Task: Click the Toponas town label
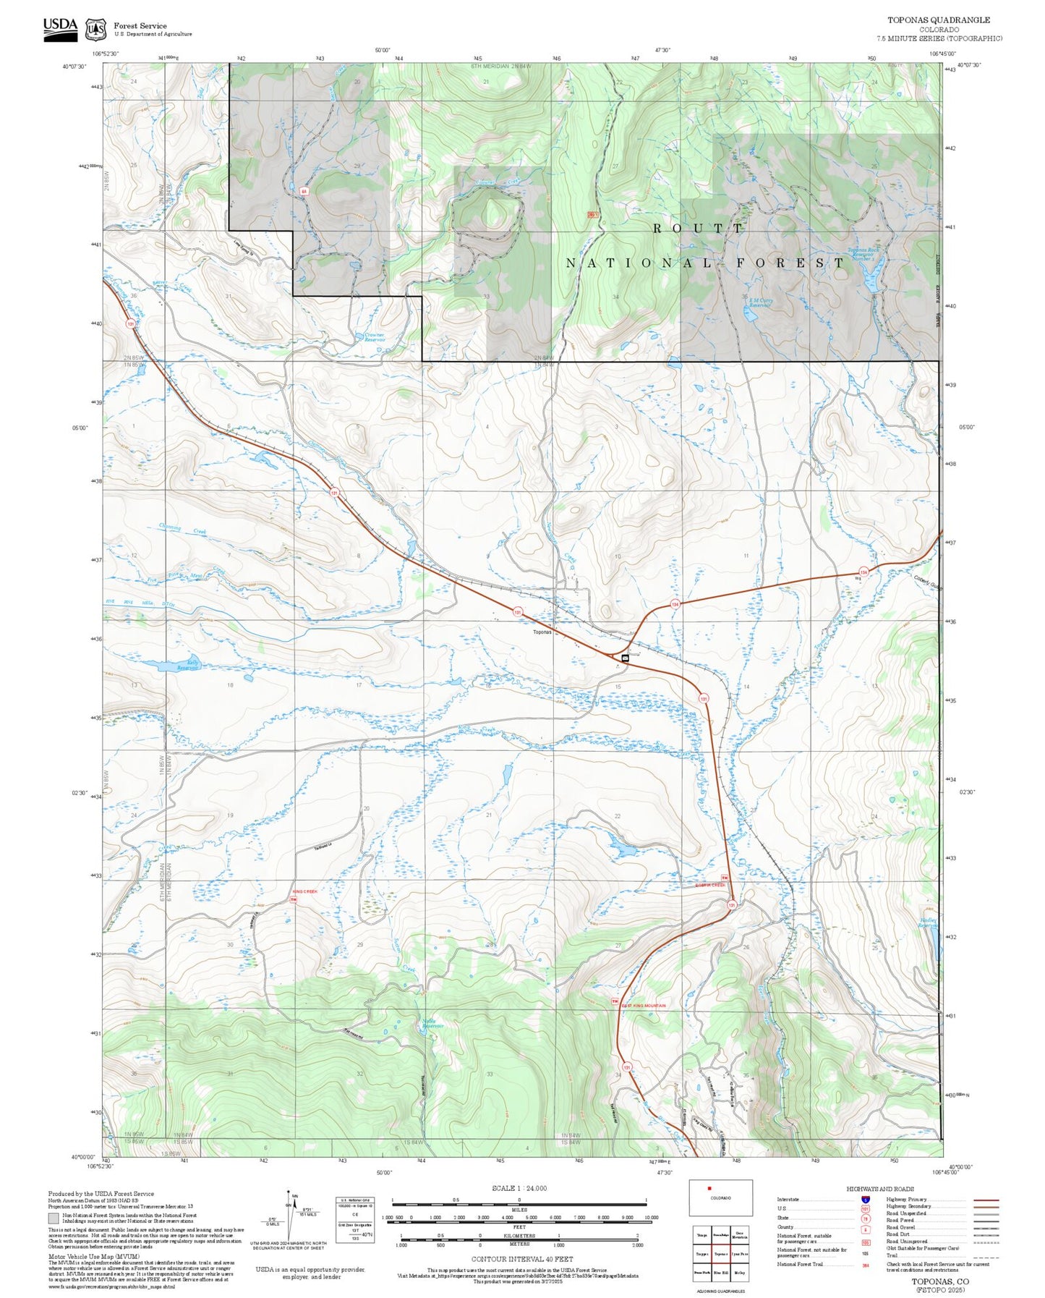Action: pos(542,632)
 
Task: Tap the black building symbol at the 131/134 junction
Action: pos(625,658)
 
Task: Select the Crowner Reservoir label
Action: pos(374,337)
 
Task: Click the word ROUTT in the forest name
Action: pos(697,228)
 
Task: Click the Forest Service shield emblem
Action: pos(95,30)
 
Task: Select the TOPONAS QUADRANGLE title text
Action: pos(939,20)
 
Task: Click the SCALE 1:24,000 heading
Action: pos(519,1188)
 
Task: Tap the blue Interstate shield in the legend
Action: pos(866,1200)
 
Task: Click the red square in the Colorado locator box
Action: pos(709,1187)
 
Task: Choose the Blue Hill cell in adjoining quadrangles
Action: pos(720,1271)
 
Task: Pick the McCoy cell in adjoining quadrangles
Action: pos(740,1271)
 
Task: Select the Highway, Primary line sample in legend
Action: pos(986,1200)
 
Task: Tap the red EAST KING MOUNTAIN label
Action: pos(644,1006)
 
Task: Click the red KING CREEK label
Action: pos(304,891)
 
